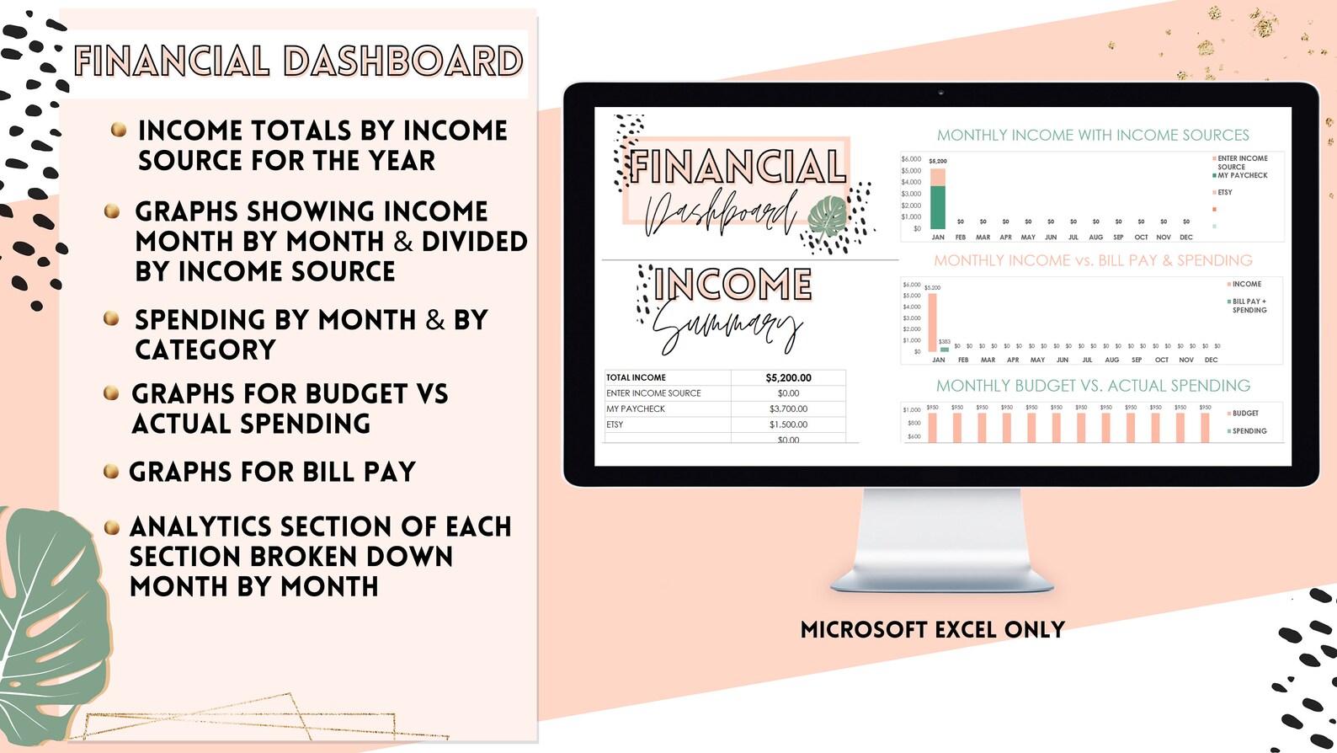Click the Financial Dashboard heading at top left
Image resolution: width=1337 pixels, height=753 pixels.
click(298, 61)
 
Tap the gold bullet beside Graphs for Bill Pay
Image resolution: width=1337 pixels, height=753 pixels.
click(110, 471)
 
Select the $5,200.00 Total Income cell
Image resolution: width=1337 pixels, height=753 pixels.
click(788, 378)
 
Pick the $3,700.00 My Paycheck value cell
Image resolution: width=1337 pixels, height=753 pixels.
click(788, 409)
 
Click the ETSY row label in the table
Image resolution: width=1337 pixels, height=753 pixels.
click(615, 425)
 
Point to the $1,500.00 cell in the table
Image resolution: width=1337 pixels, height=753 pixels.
click(788, 425)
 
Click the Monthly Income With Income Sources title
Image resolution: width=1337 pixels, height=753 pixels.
click(1093, 136)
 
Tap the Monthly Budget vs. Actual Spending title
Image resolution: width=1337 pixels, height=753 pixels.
click(1093, 386)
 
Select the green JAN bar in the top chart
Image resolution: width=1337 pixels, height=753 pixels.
click(937, 207)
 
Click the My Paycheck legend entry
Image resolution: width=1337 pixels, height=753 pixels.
click(1242, 176)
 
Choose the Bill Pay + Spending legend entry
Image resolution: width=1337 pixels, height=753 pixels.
click(1249, 306)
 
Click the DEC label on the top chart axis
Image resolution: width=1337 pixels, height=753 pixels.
click(1186, 238)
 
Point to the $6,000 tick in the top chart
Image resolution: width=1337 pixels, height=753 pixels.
click(911, 159)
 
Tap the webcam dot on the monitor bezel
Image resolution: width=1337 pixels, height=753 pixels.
click(940, 93)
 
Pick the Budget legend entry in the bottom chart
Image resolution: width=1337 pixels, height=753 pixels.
click(1245, 414)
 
